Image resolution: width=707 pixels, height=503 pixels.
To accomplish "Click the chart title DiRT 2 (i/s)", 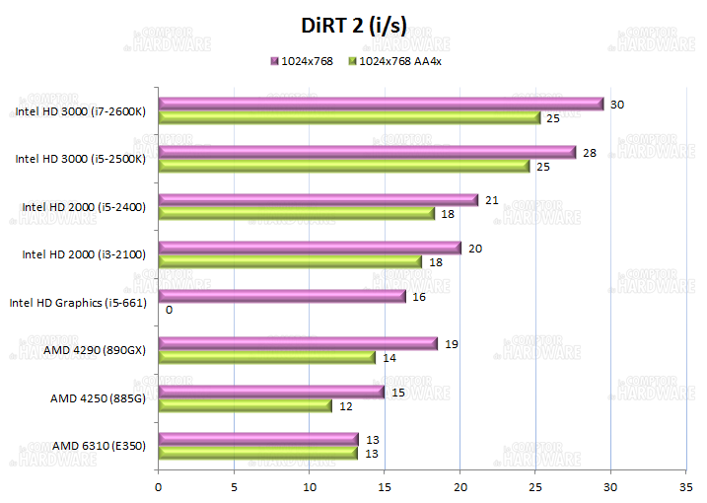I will click(354, 26).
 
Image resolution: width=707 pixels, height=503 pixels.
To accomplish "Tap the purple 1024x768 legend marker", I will click(274, 61).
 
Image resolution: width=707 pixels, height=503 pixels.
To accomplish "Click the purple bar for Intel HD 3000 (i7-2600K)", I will click(381, 104).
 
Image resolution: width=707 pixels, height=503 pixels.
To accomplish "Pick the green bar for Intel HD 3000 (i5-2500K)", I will click(344, 166).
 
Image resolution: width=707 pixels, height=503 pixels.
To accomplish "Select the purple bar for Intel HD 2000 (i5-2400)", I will click(318, 200).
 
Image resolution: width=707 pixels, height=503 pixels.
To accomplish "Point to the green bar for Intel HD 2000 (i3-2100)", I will click(290, 261).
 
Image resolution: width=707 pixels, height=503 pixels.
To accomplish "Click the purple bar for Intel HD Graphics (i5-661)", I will click(282, 296).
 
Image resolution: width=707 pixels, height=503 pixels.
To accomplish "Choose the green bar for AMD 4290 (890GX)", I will click(266, 357).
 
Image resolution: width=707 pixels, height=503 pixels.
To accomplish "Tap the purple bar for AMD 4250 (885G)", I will click(271, 392).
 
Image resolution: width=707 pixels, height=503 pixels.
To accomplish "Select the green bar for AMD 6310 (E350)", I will click(257, 453).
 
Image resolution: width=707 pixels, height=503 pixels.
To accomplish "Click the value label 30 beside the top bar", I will click(617, 104).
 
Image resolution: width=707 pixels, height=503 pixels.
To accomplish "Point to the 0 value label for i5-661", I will click(170, 310).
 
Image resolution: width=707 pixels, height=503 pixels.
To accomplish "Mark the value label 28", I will click(590, 152).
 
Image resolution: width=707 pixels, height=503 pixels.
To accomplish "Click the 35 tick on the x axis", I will click(686, 485).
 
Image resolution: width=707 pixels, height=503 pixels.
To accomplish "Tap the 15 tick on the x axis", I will click(384, 485).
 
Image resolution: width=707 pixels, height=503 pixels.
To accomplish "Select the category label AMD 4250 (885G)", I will click(98, 398).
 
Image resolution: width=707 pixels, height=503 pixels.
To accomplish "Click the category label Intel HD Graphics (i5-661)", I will click(78, 303).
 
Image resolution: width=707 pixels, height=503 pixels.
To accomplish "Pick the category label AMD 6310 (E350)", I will click(99, 446).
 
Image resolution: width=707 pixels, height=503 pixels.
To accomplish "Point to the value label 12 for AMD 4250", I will click(347, 405).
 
